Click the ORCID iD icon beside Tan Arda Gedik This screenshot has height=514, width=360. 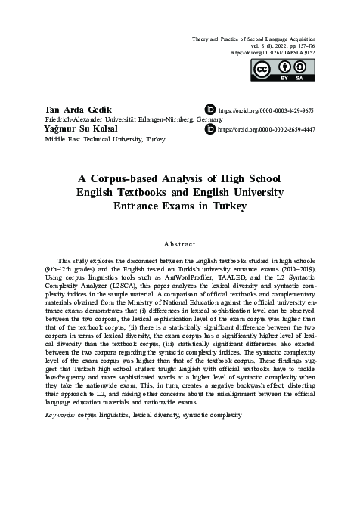210,110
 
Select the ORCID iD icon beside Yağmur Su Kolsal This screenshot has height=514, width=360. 210,130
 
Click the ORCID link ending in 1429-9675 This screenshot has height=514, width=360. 265,110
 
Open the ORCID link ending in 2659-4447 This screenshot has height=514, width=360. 265,130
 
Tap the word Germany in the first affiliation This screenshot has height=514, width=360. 209,120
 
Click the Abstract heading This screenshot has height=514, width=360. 179,244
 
